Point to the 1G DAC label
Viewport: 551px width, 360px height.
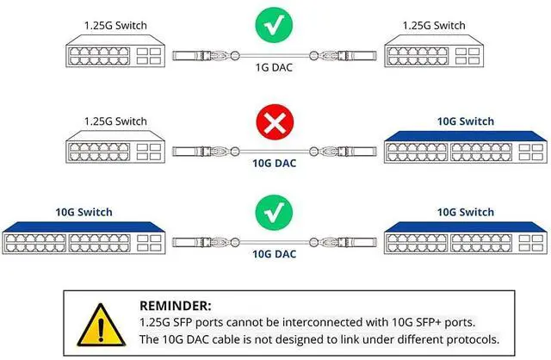click(x=275, y=66)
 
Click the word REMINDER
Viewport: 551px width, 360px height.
click(x=175, y=305)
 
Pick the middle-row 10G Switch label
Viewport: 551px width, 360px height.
click(x=466, y=121)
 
